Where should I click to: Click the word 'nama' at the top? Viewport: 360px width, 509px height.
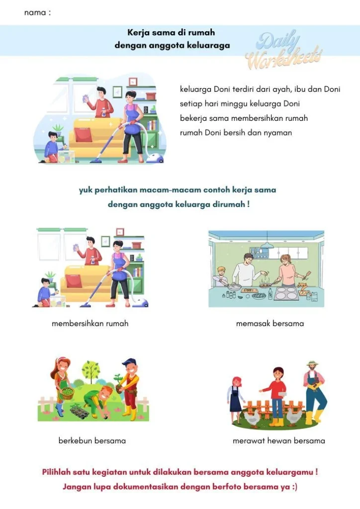(35, 13)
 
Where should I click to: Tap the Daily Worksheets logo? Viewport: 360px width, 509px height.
(283, 50)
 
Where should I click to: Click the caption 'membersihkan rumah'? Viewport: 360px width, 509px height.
(90, 324)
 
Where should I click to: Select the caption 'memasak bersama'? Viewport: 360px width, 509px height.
(270, 324)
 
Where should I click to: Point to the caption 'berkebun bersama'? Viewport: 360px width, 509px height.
(92, 440)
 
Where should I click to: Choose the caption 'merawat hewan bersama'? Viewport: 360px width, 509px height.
(279, 440)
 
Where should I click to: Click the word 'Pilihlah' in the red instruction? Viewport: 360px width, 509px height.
(60, 472)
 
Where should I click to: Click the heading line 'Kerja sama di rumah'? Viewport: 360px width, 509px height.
(171, 33)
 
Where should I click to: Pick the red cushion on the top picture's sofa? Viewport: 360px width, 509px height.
(84, 135)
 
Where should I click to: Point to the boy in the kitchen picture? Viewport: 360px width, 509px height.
(222, 274)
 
